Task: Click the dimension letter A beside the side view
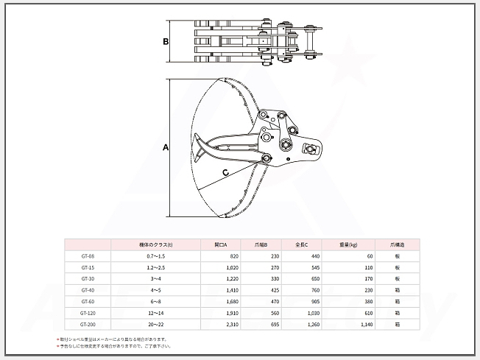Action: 166,147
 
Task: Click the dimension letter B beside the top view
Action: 166,42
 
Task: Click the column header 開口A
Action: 221,244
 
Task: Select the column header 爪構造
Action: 397,244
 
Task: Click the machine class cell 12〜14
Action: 155,312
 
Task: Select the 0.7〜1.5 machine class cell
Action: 155,255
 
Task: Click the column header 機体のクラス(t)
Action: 155,244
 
